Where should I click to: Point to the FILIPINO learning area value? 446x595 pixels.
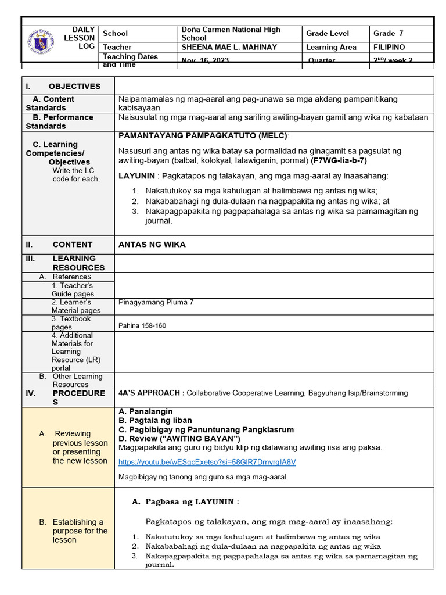[x=389, y=47]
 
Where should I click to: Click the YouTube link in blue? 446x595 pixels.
[x=207, y=463]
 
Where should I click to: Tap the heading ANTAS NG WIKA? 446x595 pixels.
[x=152, y=245]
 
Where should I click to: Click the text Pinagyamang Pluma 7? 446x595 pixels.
[x=156, y=302]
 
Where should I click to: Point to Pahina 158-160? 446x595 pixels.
[x=142, y=325]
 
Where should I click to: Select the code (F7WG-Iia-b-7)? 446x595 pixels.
[x=339, y=160]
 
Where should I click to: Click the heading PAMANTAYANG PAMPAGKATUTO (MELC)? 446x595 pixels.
[x=203, y=135]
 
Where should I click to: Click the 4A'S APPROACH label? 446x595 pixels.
[x=151, y=393]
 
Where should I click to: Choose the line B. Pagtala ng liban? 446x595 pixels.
[x=155, y=420]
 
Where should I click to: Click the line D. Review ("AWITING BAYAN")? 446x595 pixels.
[x=179, y=438]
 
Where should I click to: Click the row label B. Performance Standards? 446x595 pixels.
[x=60, y=121]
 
